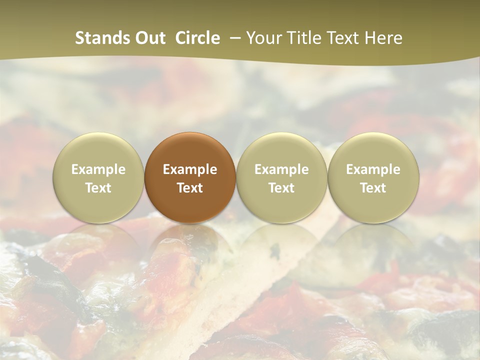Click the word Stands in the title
coord(102,38)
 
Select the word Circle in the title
coord(197,38)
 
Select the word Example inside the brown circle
coord(190,169)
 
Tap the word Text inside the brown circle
coord(190,188)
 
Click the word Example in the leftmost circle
coord(98,169)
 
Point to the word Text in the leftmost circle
coord(98,188)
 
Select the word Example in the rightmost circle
coord(373,169)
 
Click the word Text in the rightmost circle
coord(373,188)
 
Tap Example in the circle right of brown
coord(281,169)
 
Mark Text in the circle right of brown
coord(281,188)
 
